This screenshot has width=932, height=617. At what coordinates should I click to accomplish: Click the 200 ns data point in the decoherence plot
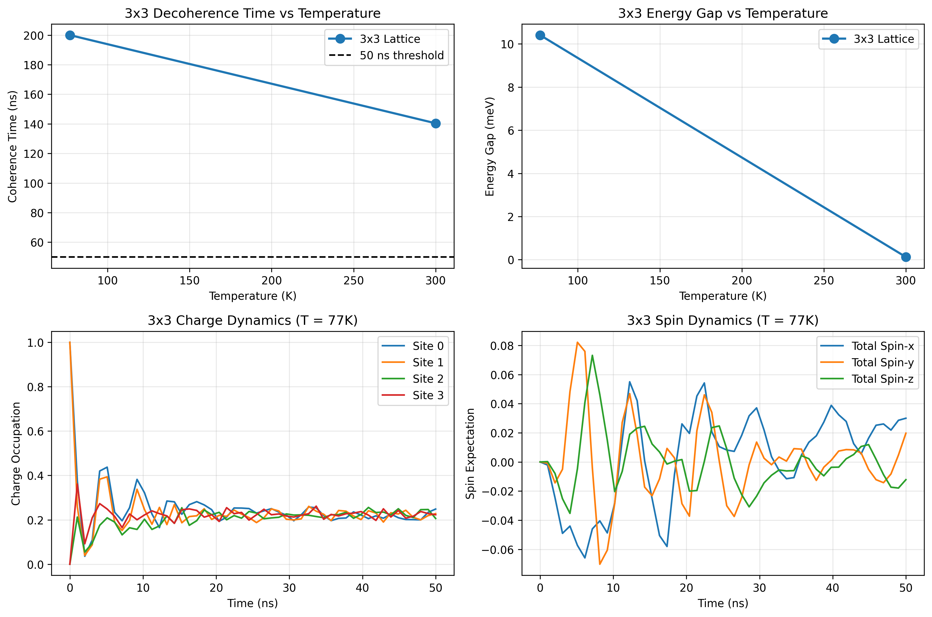pos(70,35)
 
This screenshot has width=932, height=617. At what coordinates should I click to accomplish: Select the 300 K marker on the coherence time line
pos(435,124)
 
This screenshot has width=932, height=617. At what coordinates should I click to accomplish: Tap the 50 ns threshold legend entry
pos(401,56)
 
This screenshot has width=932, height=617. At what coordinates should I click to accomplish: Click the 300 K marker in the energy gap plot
pos(906,257)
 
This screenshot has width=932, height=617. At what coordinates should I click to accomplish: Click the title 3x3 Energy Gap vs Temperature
pos(723,13)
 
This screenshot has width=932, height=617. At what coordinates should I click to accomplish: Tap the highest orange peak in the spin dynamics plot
pos(577,342)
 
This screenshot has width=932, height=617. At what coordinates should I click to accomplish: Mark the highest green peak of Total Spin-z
pos(592,355)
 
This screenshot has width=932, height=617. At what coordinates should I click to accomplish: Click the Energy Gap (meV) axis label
pos(489,146)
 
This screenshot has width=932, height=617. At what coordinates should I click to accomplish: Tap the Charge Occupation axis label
pos(16,453)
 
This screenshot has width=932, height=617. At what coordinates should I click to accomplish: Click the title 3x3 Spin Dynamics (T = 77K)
pos(723,321)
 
